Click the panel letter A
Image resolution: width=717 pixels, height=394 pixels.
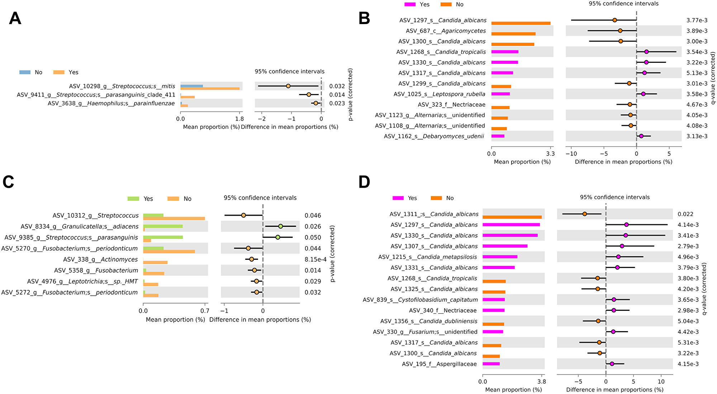[x=15, y=18]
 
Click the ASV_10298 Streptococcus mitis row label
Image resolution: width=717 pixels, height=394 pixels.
[x=122, y=86]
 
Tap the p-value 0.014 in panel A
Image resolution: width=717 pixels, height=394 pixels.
[x=337, y=95]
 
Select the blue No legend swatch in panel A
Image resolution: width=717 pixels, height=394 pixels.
[x=25, y=72]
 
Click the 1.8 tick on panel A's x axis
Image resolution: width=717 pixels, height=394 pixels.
[x=239, y=119]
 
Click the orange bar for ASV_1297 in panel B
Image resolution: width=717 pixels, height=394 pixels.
[x=521, y=23]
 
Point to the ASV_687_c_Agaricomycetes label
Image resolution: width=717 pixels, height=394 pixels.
[x=446, y=31]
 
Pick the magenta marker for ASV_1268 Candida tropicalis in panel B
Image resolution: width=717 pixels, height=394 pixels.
[x=646, y=52]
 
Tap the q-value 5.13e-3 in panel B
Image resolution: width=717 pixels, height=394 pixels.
[x=697, y=73]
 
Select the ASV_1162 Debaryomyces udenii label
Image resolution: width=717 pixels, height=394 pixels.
[x=434, y=136]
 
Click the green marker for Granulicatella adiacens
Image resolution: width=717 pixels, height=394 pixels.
[x=281, y=226]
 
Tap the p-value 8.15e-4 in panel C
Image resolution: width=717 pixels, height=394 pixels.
[x=315, y=259]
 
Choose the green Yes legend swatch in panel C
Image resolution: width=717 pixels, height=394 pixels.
[x=133, y=199]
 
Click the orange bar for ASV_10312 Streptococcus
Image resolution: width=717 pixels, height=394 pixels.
[x=174, y=219]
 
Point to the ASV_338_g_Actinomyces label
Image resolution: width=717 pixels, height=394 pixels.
[x=100, y=259]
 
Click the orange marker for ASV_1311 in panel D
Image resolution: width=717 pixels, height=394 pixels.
[x=585, y=214]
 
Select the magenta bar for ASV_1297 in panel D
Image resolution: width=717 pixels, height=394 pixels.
[x=511, y=225]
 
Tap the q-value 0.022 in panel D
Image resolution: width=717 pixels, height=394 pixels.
[x=685, y=214]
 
